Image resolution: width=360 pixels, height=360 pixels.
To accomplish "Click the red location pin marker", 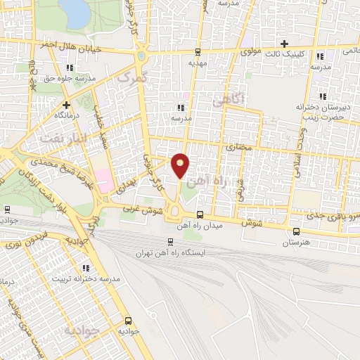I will click(x=181, y=163).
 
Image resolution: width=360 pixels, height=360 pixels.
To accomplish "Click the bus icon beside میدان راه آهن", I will click(x=200, y=214).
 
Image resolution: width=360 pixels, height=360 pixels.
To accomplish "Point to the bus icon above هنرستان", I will click(x=295, y=231).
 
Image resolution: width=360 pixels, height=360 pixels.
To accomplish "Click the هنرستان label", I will click(x=295, y=242).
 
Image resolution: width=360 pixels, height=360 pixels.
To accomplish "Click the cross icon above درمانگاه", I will click(x=65, y=104).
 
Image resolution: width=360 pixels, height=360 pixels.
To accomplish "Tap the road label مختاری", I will click(x=240, y=148).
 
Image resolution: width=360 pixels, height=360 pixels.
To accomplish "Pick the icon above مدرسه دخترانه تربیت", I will click(x=86, y=268).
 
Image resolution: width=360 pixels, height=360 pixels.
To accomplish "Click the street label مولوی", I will click(x=251, y=52).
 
